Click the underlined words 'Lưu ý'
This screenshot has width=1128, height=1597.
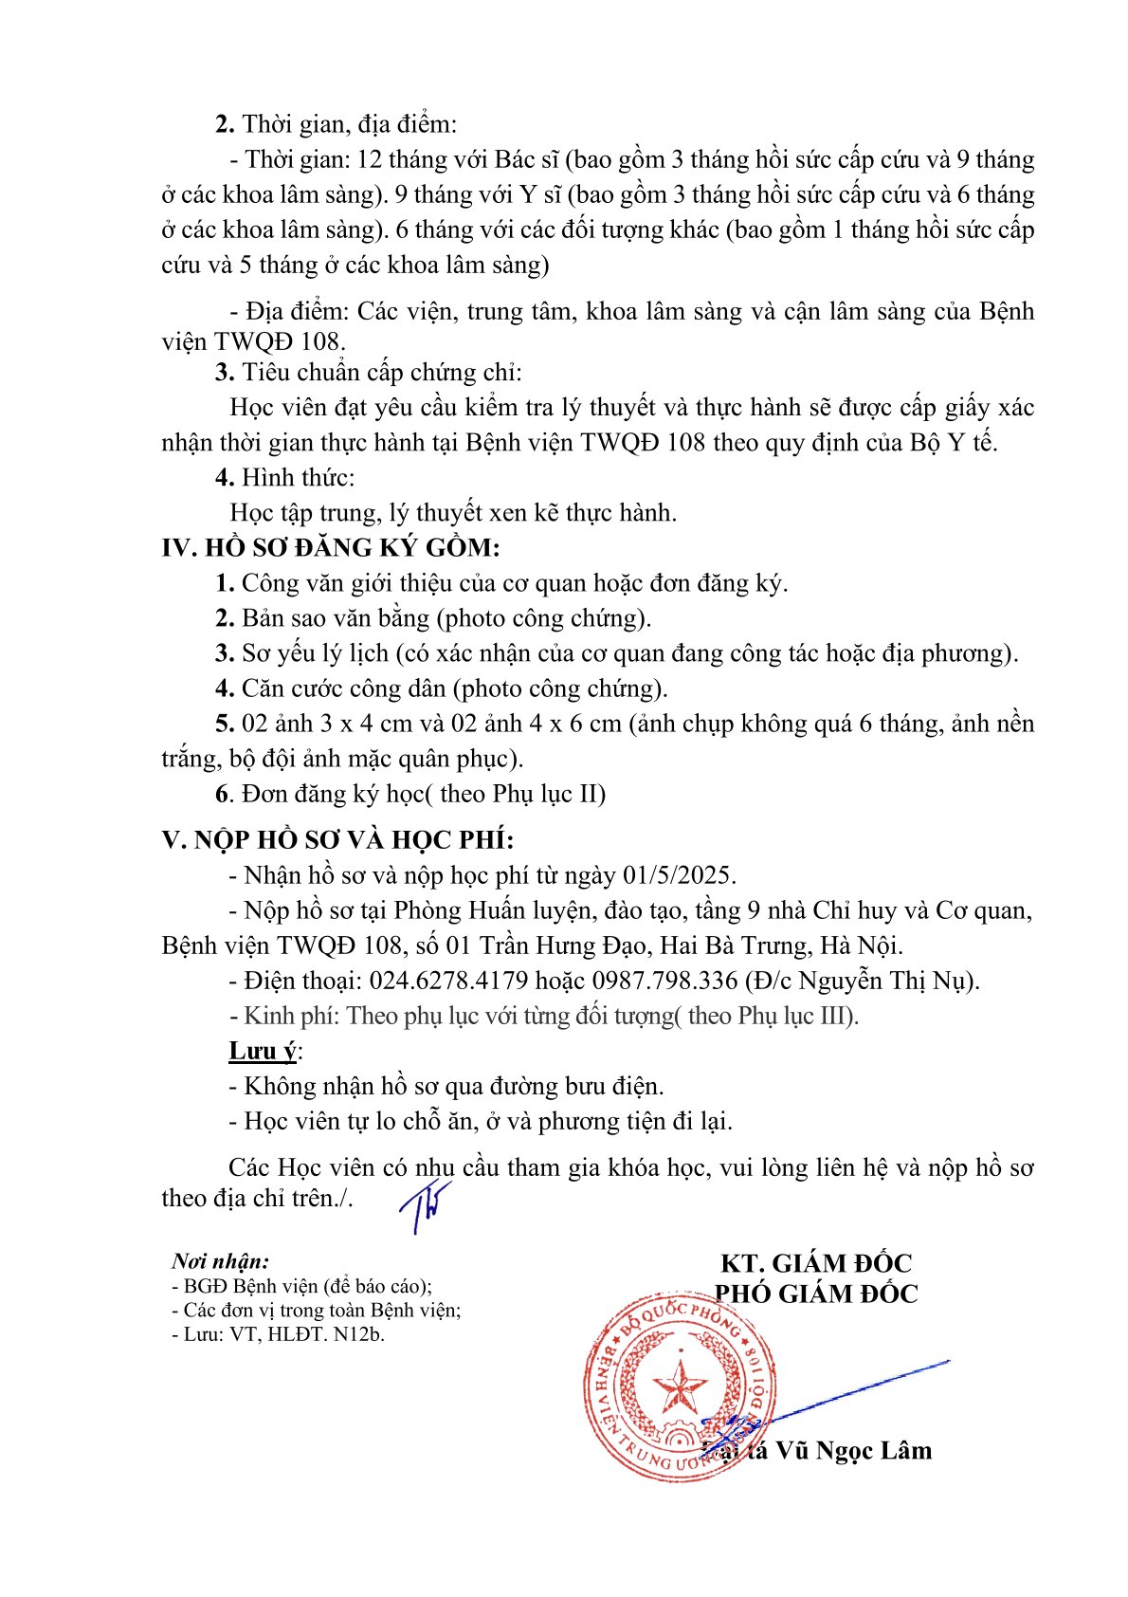tap(263, 1051)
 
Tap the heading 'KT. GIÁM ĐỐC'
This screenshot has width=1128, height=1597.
tap(816, 1263)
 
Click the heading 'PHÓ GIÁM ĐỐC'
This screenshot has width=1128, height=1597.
tap(816, 1294)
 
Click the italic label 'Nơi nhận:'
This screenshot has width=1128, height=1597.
tap(220, 1261)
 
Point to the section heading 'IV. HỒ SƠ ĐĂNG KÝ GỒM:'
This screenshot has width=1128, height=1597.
tap(331, 548)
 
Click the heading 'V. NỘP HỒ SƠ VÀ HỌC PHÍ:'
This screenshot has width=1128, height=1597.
tap(338, 840)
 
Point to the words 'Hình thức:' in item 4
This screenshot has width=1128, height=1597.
tap(298, 478)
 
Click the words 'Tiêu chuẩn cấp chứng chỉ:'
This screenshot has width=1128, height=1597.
tap(381, 373)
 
